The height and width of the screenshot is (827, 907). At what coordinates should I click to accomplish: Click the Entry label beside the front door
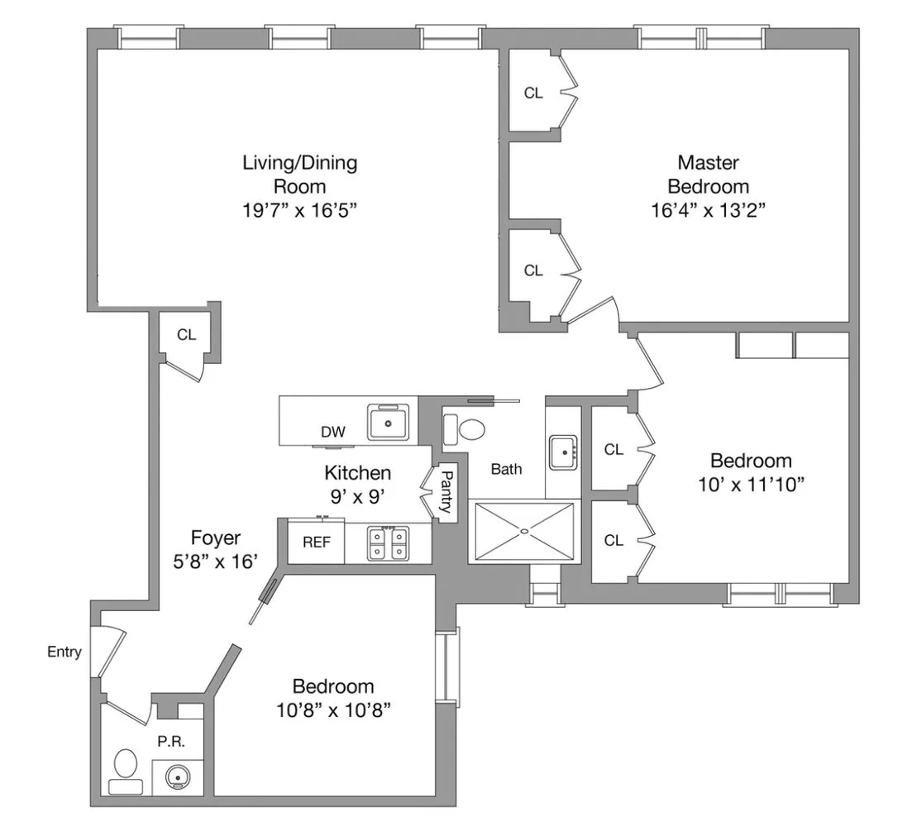pyautogui.click(x=64, y=653)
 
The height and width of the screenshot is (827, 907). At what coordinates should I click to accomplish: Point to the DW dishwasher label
pyautogui.click(x=332, y=432)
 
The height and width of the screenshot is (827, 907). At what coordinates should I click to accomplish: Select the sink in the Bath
pyautogui.click(x=566, y=452)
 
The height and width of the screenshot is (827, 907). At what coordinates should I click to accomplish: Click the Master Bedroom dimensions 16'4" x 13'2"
pyautogui.click(x=709, y=210)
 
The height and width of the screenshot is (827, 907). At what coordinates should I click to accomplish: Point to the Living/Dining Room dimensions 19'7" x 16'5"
pyautogui.click(x=299, y=210)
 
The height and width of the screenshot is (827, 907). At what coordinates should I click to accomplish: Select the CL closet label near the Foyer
pyautogui.click(x=186, y=335)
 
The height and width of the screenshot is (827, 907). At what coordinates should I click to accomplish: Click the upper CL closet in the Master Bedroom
pyautogui.click(x=533, y=93)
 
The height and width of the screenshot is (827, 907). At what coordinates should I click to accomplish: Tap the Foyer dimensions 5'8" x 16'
pyautogui.click(x=215, y=561)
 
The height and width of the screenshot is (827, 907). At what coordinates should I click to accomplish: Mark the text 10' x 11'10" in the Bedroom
pyautogui.click(x=751, y=484)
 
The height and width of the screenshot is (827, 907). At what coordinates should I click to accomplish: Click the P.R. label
pyautogui.click(x=170, y=741)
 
